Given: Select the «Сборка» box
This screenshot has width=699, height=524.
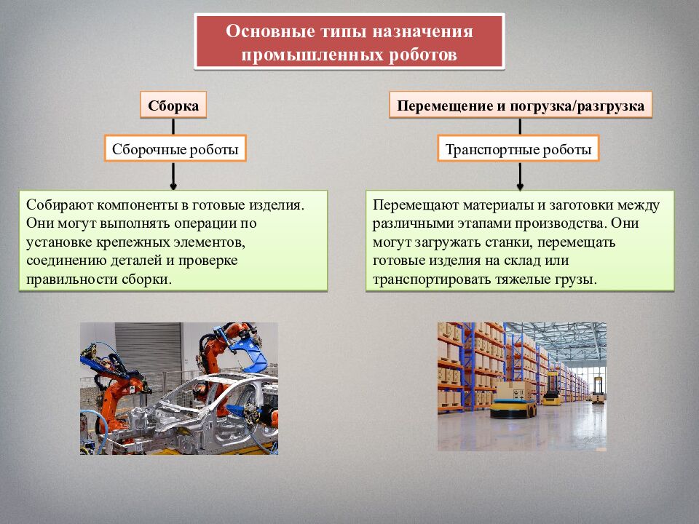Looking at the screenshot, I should click(173, 106).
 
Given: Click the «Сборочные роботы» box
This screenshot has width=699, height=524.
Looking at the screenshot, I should click(175, 150).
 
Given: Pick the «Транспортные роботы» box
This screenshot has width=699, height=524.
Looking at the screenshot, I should click(518, 150).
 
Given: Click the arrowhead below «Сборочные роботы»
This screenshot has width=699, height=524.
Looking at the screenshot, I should click(173, 183).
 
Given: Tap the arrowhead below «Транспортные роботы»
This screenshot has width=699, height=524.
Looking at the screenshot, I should click(520, 183).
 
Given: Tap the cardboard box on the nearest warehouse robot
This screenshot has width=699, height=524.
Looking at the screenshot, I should click(511, 391).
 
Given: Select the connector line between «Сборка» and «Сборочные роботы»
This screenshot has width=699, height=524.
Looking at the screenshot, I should click(173, 126).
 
